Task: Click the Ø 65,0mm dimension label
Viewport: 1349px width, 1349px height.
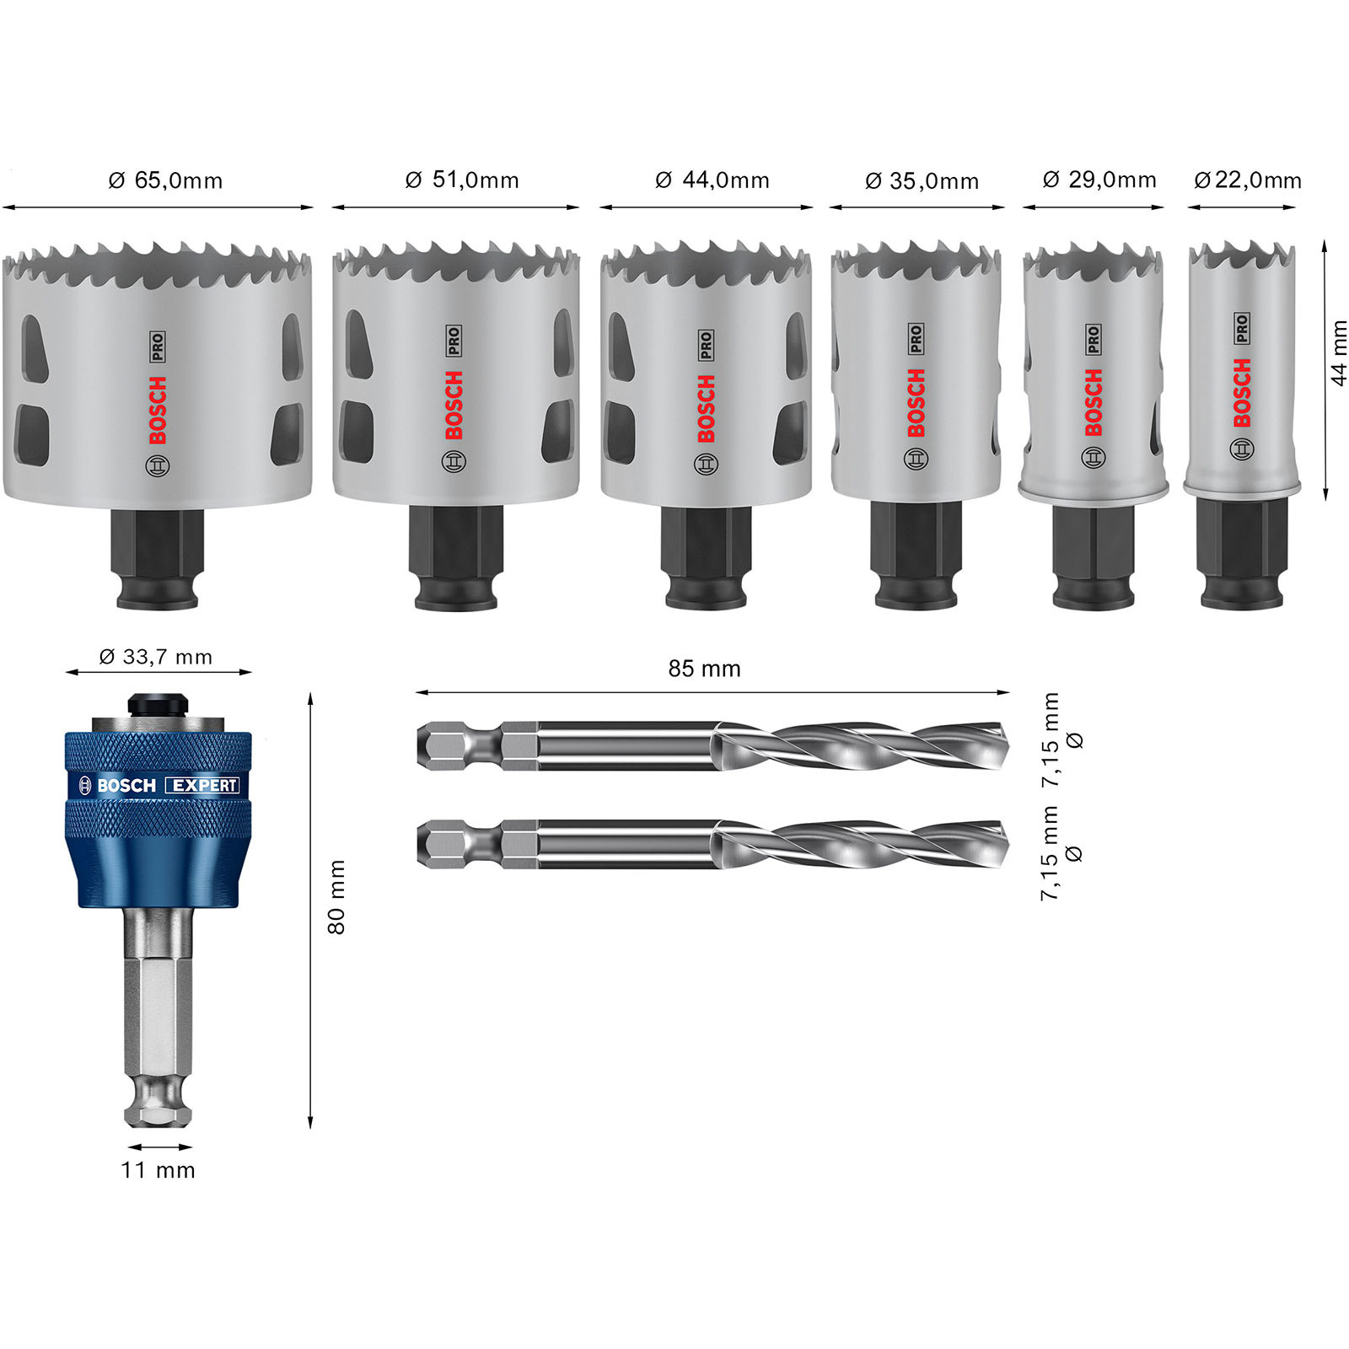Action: [165, 180]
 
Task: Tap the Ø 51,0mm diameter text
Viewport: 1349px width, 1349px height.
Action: [462, 180]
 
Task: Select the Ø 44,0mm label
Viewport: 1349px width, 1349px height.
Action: [712, 180]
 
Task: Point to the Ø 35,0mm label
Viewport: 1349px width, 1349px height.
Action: [922, 181]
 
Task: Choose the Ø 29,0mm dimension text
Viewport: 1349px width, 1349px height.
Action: [1099, 180]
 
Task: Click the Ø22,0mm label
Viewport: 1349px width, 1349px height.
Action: [1248, 180]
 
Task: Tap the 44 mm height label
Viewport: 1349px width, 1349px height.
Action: [1339, 353]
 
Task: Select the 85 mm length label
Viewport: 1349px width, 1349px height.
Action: [704, 669]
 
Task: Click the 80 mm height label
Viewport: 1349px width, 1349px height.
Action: [336, 897]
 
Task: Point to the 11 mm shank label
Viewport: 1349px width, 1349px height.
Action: [159, 1170]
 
